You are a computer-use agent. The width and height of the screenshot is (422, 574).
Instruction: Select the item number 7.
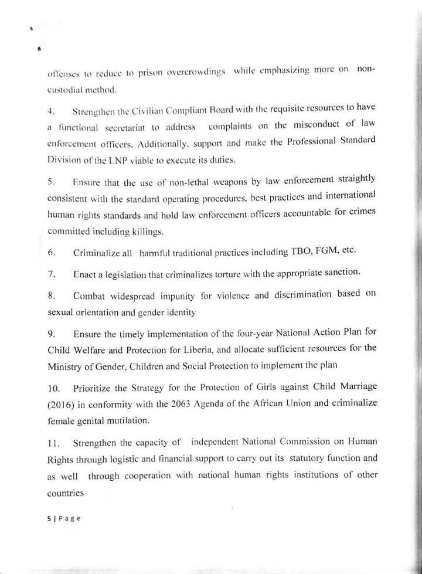click(x=51, y=274)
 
